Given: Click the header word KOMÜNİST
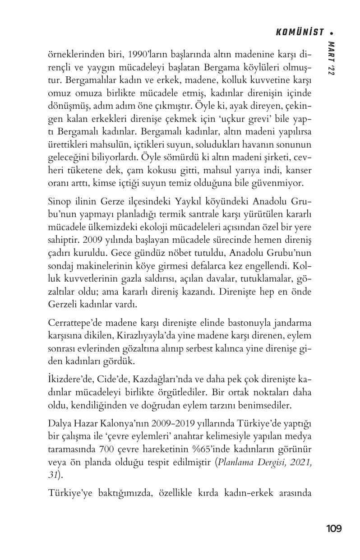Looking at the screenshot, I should [x=300, y=32].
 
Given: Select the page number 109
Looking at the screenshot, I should [x=334, y=528].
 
